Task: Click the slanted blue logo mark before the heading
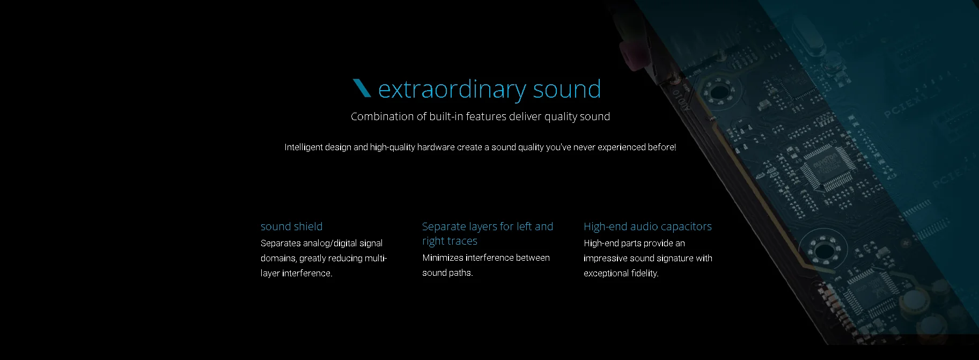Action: (362, 88)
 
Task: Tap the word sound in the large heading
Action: (567, 89)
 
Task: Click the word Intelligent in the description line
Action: (304, 147)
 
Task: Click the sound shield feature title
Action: (292, 226)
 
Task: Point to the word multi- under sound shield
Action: (376, 258)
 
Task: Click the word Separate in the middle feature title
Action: (443, 226)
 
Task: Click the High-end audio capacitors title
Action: (647, 226)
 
